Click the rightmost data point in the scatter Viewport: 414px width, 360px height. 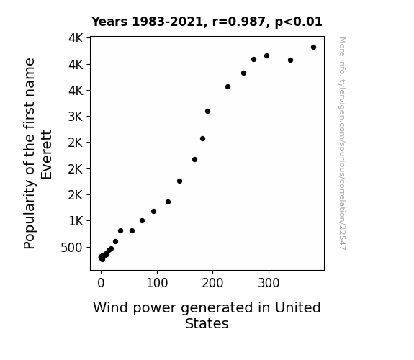point(313,48)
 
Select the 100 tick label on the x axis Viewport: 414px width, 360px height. point(157,283)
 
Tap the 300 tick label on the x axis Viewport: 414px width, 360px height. point(269,283)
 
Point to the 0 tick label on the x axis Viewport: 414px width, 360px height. point(101,283)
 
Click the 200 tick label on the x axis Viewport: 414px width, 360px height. point(212,283)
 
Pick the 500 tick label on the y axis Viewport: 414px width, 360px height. point(71,248)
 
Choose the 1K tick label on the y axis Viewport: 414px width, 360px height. point(76,221)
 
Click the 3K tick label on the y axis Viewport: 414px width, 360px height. point(76,117)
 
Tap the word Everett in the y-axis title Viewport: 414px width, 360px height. point(47,155)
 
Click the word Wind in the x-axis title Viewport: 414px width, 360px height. point(111,307)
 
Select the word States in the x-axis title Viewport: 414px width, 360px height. point(207,323)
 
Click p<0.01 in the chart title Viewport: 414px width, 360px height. point(299,22)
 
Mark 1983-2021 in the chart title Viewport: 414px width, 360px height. point(167,22)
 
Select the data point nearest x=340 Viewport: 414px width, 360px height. point(290,60)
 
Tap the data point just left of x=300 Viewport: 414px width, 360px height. point(266,56)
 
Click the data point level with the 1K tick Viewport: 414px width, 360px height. point(142,221)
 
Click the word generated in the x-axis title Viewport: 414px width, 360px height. point(217,308)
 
